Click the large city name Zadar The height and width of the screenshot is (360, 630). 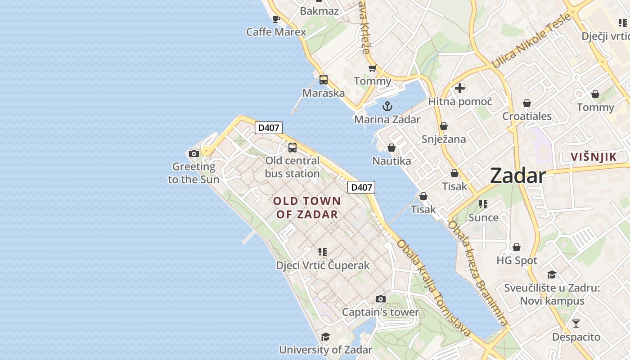click(x=518, y=175)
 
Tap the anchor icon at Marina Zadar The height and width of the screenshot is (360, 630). click(x=387, y=107)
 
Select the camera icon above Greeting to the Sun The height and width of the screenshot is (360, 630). click(x=194, y=153)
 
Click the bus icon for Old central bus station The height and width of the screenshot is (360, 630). click(x=292, y=147)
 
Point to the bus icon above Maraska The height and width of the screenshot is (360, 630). click(x=324, y=80)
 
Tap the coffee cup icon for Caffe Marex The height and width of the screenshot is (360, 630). click(x=276, y=19)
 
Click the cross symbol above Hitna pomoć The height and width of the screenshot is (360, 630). click(x=459, y=88)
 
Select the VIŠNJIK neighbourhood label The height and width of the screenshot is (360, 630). click(x=593, y=157)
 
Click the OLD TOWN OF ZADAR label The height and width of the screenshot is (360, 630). click(x=307, y=207)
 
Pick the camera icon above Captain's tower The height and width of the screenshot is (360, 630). click(x=380, y=299)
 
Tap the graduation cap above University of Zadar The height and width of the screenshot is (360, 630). click(x=325, y=337)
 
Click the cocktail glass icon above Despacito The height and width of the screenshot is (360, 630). click(x=576, y=324)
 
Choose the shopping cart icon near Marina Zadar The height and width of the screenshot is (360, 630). click(x=372, y=68)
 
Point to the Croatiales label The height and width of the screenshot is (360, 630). click(x=526, y=116)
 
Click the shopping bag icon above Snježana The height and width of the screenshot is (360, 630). click(x=444, y=126)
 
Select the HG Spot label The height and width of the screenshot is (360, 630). click(x=517, y=261)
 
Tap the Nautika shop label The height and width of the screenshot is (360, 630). click(x=391, y=161)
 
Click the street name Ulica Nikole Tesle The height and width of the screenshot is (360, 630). click(x=531, y=41)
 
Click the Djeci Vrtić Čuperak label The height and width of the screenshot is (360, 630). click(x=323, y=265)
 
